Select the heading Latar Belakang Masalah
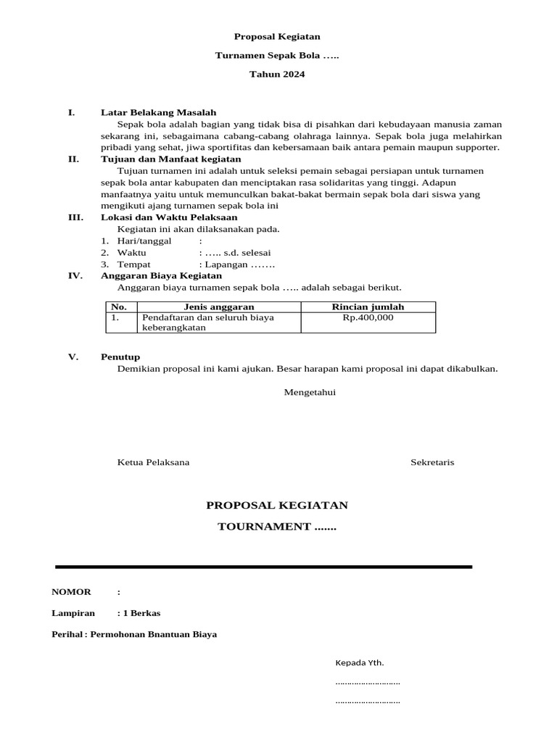tap(158, 112)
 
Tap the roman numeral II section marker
tap(73, 159)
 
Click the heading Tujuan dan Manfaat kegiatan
tap(171, 159)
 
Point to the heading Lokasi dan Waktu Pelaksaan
tap(169, 217)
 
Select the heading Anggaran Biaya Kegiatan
tap(161, 275)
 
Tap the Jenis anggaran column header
tap(218, 307)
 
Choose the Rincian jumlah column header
tap(368, 307)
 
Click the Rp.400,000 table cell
tap(368, 317)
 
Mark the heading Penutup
tap(120, 357)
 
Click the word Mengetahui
tap(310, 392)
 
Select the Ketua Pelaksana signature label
tap(154, 462)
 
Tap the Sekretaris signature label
tap(432, 462)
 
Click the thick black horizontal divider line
tap(264, 566)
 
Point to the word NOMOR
tap(71, 592)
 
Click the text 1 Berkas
tap(141, 613)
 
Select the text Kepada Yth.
tap(359, 662)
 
